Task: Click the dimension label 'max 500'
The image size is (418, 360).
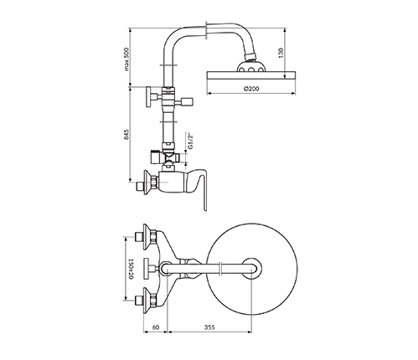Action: (127, 59)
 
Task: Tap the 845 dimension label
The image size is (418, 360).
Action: (127, 134)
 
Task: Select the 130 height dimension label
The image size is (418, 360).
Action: (281, 53)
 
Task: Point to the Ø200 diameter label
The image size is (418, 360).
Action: (251, 89)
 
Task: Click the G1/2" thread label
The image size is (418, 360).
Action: (190, 141)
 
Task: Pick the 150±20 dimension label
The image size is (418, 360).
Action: (131, 269)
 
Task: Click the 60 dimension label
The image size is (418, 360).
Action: (156, 327)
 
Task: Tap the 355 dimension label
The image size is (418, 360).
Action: (209, 327)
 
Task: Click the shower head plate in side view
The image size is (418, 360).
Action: (250, 75)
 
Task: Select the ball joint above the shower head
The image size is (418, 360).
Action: (250, 66)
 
